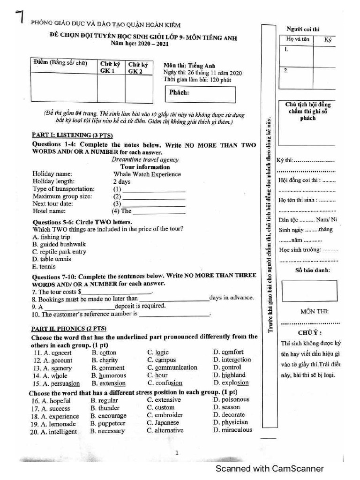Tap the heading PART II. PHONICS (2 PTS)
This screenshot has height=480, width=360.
[x=69, y=329]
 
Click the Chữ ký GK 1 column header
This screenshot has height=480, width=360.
[x=111, y=67]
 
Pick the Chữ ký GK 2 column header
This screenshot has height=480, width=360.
[x=138, y=67]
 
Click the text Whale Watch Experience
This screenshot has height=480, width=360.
[x=147, y=174]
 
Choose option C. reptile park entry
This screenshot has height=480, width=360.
[x=60, y=252]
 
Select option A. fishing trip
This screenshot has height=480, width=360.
[x=51, y=237]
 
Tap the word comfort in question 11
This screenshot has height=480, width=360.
[x=232, y=352]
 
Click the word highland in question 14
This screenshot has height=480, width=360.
[x=233, y=375]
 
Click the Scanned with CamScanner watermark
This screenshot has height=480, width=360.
[x=269, y=469]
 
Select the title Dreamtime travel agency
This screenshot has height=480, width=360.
[x=145, y=159]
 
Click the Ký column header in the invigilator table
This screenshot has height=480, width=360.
[x=327, y=40]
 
